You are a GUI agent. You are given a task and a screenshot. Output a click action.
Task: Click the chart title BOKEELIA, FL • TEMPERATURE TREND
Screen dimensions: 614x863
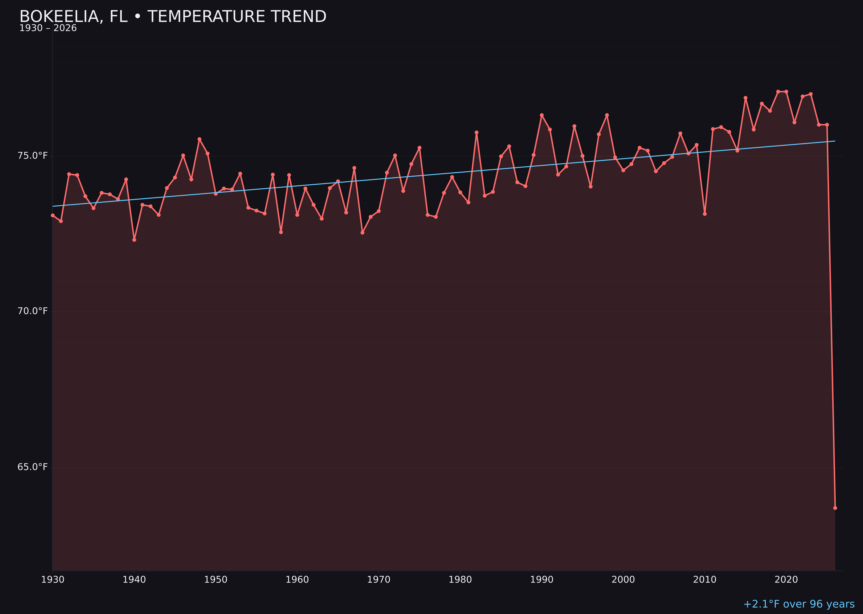pyautogui.click(x=173, y=17)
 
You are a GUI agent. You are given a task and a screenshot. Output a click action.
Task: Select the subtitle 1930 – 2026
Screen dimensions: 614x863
pyautogui.click(x=48, y=28)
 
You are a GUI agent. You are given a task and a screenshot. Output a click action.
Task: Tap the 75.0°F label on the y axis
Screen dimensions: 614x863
pyautogui.click(x=33, y=156)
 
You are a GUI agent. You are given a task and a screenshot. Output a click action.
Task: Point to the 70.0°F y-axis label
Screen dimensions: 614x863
pyautogui.click(x=33, y=311)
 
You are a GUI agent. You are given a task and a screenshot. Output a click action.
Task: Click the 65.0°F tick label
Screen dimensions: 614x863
pyautogui.click(x=33, y=467)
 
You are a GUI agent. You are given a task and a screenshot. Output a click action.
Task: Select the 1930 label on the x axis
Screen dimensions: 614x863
pyautogui.click(x=52, y=580)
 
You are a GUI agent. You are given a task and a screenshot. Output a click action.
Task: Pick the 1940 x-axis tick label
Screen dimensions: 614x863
pyautogui.click(x=134, y=580)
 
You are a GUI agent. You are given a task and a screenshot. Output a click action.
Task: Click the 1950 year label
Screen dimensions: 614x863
pyautogui.click(x=216, y=580)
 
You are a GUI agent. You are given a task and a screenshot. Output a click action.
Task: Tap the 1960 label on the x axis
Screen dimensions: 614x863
pyautogui.click(x=297, y=580)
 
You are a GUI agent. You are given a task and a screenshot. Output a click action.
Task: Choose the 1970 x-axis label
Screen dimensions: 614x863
pyautogui.click(x=379, y=580)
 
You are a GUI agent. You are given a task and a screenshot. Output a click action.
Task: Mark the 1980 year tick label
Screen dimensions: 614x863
pyautogui.click(x=460, y=580)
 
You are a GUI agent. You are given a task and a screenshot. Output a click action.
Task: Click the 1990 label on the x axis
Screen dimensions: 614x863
pyautogui.click(x=542, y=580)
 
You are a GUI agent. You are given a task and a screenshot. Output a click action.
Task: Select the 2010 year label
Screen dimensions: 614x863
pyautogui.click(x=705, y=580)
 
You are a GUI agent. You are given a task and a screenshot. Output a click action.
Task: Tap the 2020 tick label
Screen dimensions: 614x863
pyautogui.click(x=786, y=580)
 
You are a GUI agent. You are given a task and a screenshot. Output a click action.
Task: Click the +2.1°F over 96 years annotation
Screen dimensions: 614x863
pyautogui.click(x=799, y=604)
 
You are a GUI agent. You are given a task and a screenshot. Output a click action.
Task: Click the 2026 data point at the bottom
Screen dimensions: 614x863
pyautogui.click(x=835, y=508)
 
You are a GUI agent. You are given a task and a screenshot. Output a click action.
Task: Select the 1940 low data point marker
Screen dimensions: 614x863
pyautogui.click(x=134, y=240)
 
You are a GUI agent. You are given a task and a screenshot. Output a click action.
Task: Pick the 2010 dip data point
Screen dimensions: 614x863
pyautogui.click(x=705, y=214)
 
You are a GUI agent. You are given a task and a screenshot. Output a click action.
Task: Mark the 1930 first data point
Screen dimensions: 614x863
pyautogui.click(x=52, y=215)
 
